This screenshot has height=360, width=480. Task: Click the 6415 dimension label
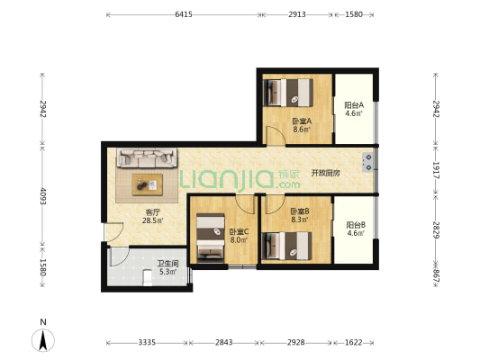[184, 14]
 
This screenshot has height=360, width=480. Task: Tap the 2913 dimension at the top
[297, 14]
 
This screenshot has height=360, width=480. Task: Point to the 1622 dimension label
[354, 343]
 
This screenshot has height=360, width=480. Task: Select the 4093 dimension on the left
[43, 196]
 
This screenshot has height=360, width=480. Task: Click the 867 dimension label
[436, 276]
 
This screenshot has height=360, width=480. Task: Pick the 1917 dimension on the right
[436, 170]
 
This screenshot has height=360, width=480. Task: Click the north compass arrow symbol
[43, 340]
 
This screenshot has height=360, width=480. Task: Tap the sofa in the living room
[147, 157]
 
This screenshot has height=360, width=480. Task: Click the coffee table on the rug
[148, 184]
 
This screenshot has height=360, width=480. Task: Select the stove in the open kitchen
[367, 162]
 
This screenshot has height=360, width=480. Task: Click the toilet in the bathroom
[148, 278]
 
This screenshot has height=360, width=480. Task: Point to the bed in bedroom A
[288, 93]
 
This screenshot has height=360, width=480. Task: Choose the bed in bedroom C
[211, 238]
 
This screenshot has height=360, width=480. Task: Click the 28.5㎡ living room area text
[152, 220]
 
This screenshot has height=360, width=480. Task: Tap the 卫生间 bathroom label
[168, 264]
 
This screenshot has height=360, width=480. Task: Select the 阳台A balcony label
[354, 105]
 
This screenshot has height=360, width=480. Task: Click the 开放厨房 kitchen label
[325, 173]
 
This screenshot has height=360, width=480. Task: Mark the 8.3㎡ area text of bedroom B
[300, 220]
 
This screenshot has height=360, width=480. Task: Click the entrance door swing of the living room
[113, 232]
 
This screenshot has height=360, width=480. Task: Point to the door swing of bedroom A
[276, 136]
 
